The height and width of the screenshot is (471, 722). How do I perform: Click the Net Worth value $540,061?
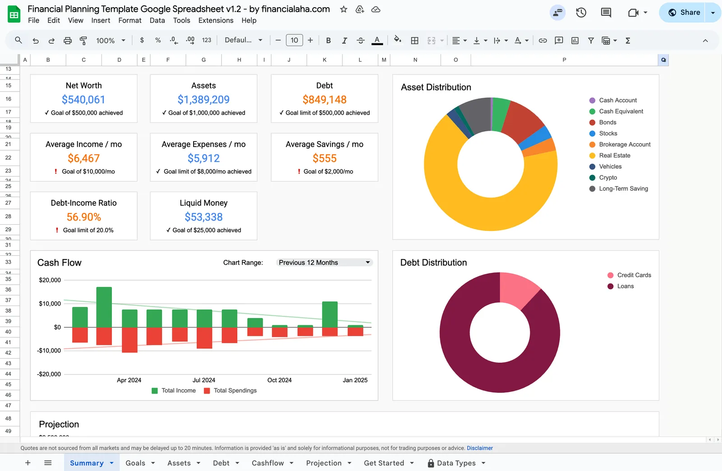coord(83,100)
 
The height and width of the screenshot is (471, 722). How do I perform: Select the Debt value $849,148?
coord(324,100)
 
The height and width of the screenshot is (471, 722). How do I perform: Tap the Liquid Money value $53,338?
coord(204,217)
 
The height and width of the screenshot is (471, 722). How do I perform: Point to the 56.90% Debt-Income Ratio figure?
coord(84,217)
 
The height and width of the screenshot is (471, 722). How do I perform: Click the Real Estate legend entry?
coord(614,156)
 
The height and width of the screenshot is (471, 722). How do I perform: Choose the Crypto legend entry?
coord(607,178)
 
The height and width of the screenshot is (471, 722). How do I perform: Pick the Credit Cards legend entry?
coord(634,275)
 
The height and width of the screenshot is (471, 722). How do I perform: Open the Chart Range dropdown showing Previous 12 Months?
coord(324,263)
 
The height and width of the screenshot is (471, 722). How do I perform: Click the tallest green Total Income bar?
coord(104,307)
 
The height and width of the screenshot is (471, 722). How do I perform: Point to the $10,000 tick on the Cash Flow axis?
coord(50,304)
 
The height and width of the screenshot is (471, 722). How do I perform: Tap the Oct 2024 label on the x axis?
coord(279,380)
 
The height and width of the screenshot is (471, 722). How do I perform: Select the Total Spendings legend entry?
coord(235,391)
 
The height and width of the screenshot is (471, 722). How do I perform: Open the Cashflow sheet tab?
coord(268,463)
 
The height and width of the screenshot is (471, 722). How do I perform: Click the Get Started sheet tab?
coord(384,463)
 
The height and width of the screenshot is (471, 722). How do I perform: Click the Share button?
coord(685,13)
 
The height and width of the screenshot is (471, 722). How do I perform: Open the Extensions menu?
coord(216,20)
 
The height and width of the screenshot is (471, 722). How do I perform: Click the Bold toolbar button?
coord(329,41)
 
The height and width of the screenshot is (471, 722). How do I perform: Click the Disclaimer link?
coord(480,448)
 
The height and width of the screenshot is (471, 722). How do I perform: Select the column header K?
coord(324,60)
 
